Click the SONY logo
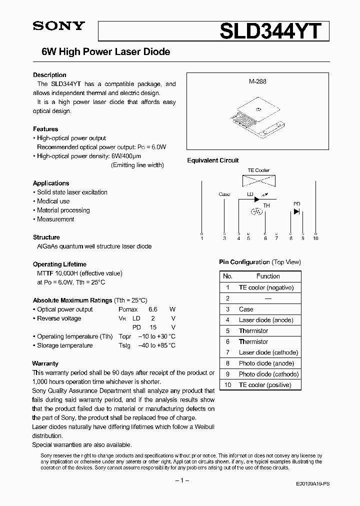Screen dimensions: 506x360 coord(59,27)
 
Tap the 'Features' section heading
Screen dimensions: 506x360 coord(45,129)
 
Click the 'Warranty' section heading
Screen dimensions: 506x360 coord(45,363)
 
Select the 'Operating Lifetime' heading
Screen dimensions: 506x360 coord(59,264)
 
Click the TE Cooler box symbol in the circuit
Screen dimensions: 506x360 coord(258,181)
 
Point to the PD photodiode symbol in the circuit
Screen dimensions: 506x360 coord(296,211)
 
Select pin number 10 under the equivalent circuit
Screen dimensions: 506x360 coord(315,238)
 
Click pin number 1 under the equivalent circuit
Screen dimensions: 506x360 coord(202,238)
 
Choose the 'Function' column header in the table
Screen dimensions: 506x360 coord(268,276)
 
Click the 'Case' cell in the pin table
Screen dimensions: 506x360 coord(246,309)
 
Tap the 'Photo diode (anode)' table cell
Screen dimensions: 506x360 coord(266,363)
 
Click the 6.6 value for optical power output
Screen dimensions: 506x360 coord(153,309)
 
